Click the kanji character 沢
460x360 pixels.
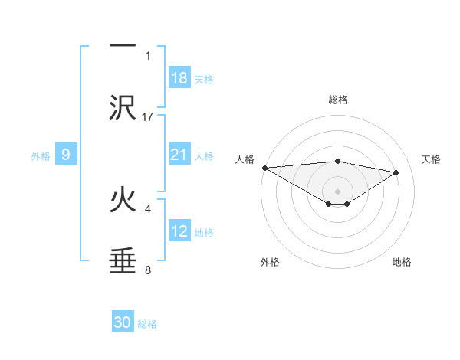click(123, 109)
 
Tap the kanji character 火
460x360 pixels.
click(123, 201)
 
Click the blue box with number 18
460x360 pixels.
click(179, 78)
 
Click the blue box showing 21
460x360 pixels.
click(179, 155)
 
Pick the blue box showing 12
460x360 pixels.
click(179, 231)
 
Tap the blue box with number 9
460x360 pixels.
click(66, 155)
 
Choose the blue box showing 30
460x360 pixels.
click(123, 323)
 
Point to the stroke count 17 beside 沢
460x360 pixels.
click(148, 116)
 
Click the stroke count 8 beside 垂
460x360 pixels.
click(148, 270)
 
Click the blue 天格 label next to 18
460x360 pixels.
click(204, 79)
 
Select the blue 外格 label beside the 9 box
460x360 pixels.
click(41, 155)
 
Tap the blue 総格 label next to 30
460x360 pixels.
click(147, 324)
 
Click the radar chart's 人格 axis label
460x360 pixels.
click(245, 159)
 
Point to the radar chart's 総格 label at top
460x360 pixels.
click(338, 100)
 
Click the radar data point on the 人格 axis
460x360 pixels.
click(264, 168)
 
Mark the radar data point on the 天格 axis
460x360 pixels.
click(396, 172)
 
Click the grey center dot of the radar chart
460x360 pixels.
click(338, 191)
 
